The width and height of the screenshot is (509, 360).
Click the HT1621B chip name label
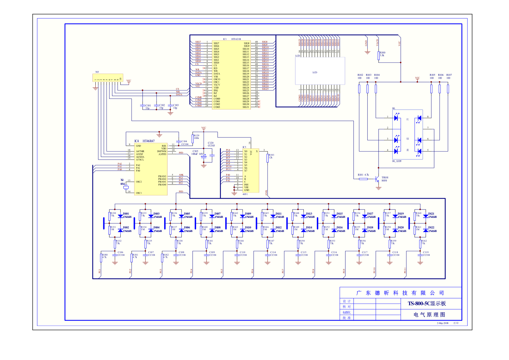point(236,39)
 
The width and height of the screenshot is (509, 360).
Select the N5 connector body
point(108,78)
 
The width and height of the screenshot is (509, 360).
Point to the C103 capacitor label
point(176,105)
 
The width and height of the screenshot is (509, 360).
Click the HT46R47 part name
point(149,141)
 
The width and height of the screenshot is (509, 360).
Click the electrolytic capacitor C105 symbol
point(204,156)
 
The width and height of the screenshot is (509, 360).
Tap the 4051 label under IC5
point(245,194)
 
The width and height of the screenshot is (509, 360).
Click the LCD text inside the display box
point(315,73)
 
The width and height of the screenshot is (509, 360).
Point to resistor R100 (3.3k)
point(379,55)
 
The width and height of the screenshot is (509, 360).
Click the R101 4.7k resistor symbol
point(363,179)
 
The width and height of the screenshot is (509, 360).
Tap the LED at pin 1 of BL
point(396,117)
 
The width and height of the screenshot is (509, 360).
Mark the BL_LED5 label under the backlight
point(397,161)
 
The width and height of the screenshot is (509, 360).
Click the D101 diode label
point(126,214)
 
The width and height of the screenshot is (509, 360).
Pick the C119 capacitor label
point(426,252)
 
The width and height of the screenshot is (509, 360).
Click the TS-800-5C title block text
point(427,303)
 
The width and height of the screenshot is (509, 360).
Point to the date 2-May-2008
point(442,323)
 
